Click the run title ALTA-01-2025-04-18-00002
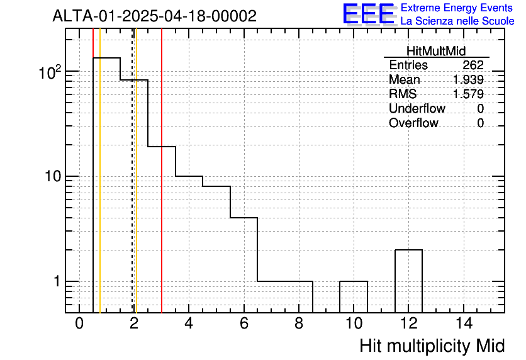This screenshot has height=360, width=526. (155, 16)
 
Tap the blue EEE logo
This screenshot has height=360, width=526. (369, 14)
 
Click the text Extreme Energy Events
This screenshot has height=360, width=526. (457, 8)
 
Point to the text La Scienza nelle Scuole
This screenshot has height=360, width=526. (457, 21)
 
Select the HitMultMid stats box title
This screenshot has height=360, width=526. (436, 51)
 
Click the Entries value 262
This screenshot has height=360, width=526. (473, 65)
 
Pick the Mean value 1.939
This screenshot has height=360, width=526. (468, 79)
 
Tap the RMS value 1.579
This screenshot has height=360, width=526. (468, 94)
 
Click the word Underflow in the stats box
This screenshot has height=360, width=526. (417, 108)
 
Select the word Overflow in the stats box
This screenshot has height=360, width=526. (413, 123)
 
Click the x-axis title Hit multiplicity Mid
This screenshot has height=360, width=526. (432, 346)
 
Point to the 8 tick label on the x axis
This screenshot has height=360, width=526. (299, 323)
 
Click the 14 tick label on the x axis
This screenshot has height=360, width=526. (464, 323)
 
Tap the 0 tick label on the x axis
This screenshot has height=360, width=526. (79, 323)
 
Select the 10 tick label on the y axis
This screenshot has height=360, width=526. (53, 176)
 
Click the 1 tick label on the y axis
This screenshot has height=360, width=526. (57, 281)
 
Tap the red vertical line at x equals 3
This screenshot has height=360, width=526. (162, 171)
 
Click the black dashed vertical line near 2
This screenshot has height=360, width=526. (132, 171)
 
